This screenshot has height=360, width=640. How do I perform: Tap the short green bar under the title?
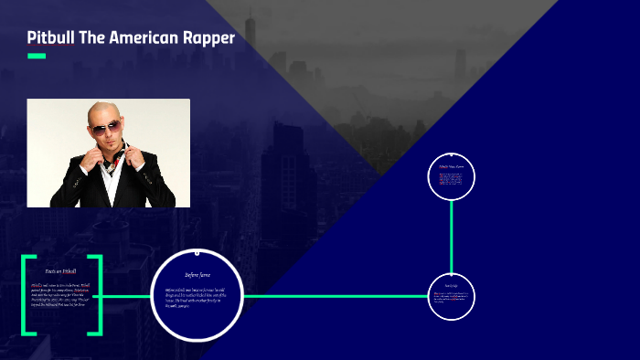(37, 57)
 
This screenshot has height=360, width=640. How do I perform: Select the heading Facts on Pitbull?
(60, 271)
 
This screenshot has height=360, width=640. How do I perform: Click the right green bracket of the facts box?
(96, 295)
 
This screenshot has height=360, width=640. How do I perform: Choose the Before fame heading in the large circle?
(197, 274)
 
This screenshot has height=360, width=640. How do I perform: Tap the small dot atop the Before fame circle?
(197, 251)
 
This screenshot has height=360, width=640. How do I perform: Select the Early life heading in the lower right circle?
(451, 286)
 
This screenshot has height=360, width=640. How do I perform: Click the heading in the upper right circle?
(451, 167)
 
